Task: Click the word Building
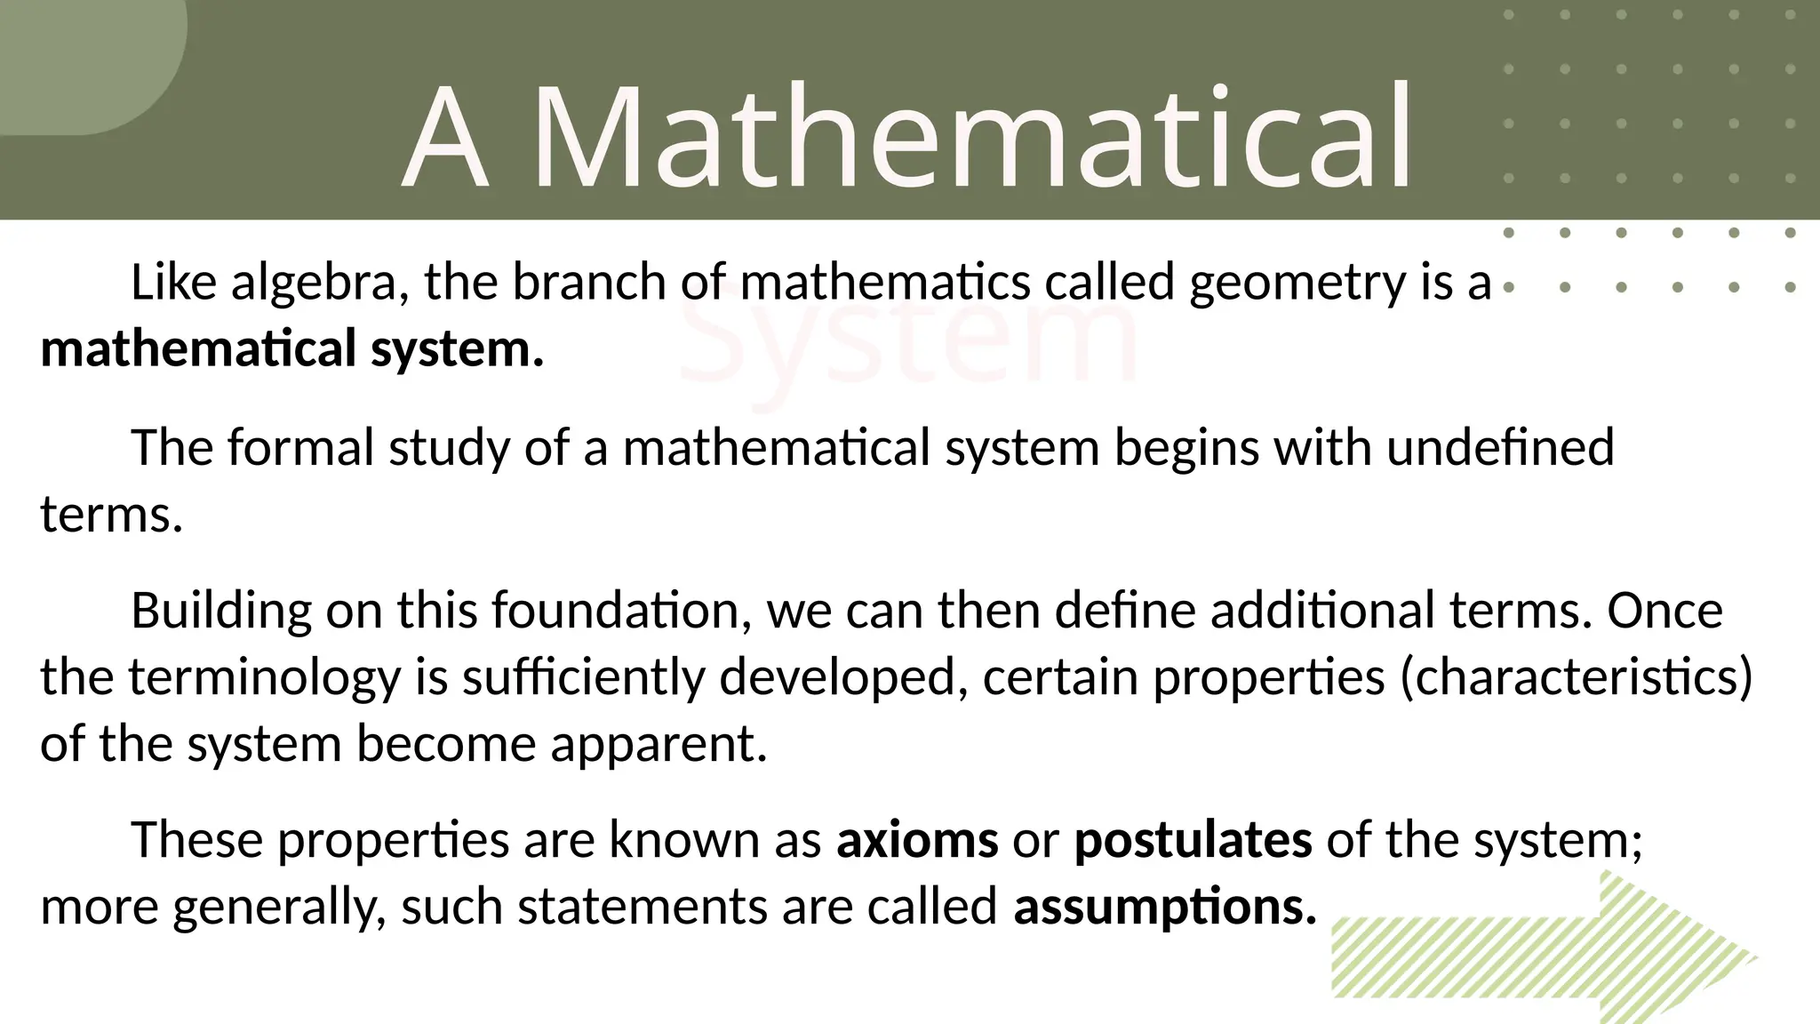pos(221,612)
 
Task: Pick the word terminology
pos(265,678)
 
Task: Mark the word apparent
pos(659,744)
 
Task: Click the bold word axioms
pos(916,839)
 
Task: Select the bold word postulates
pos(1193,841)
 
